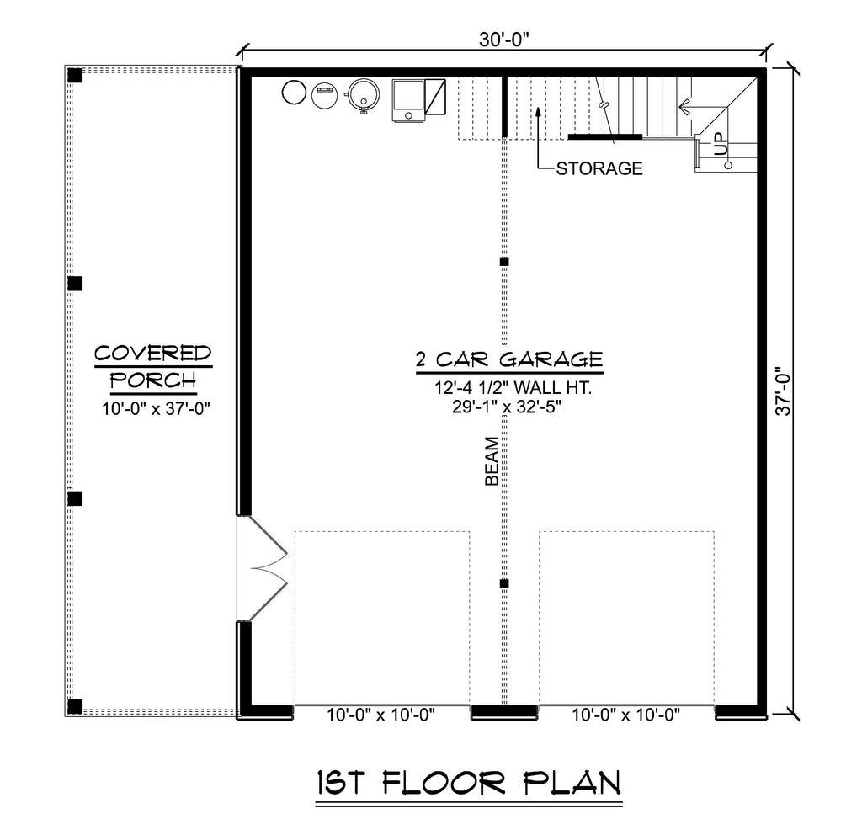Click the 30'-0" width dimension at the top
coord(503,40)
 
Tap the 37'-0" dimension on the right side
coord(783,391)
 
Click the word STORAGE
coord(599,168)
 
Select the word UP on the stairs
coord(721,145)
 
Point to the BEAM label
coord(492,461)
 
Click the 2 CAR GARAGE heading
coord(509,359)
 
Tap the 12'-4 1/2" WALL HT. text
coord(513,387)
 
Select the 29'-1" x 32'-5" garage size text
coord(506,407)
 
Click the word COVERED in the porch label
coord(153,353)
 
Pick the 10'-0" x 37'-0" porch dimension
coord(156,409)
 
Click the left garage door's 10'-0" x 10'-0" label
coord(381,715)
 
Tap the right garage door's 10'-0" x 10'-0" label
coord(626,715)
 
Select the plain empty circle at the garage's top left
coord(294,93)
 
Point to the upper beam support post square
coord(504,262)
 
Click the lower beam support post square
coord(504,584)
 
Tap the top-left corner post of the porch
coord(75,75)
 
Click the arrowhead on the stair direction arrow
coord(684,107)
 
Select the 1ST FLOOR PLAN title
coord(469,783)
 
